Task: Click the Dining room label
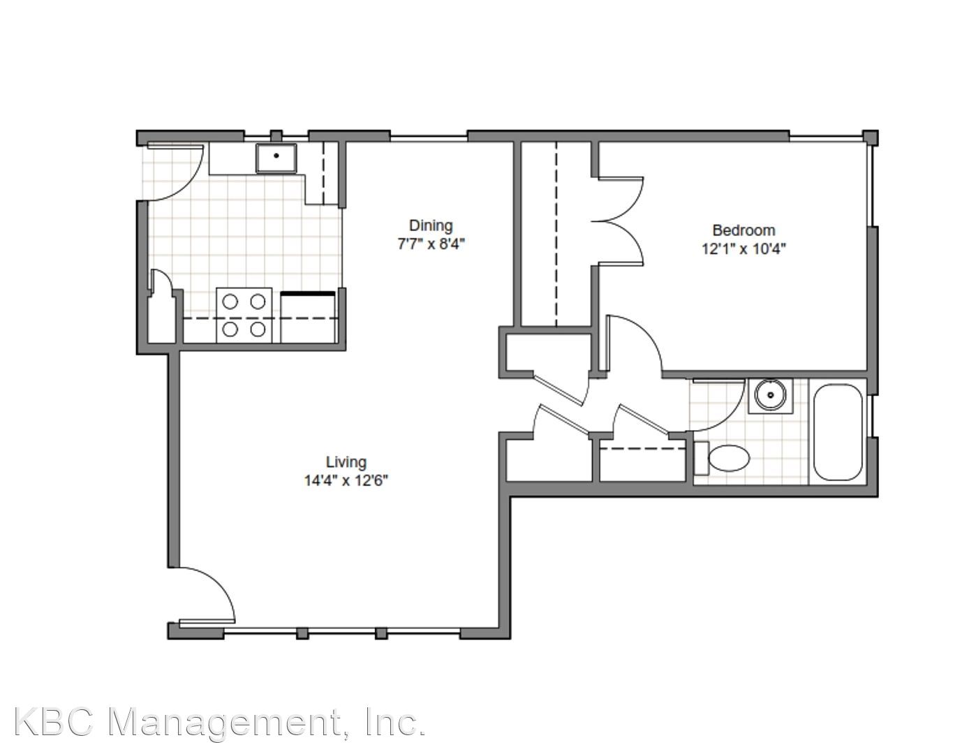[x=430, y=225]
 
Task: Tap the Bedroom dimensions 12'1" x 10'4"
[x=744, y=249]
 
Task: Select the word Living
[x=346, y=462]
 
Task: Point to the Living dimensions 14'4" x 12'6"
[x=346, y=481]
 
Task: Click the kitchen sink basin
[x=276, y=158]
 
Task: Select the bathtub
[x=838, y=432]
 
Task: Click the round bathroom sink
[x=770, y=394]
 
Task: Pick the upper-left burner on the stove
[x=230, y=302]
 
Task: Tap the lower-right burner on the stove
[x=258, y=329]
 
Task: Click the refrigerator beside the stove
[x=308, y=317]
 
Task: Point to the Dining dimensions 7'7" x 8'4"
[x=430, y=244]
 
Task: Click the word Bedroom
[x=744, y=230]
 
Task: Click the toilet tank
[x=701, y=458]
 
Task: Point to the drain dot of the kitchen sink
[x=276, y=156]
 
